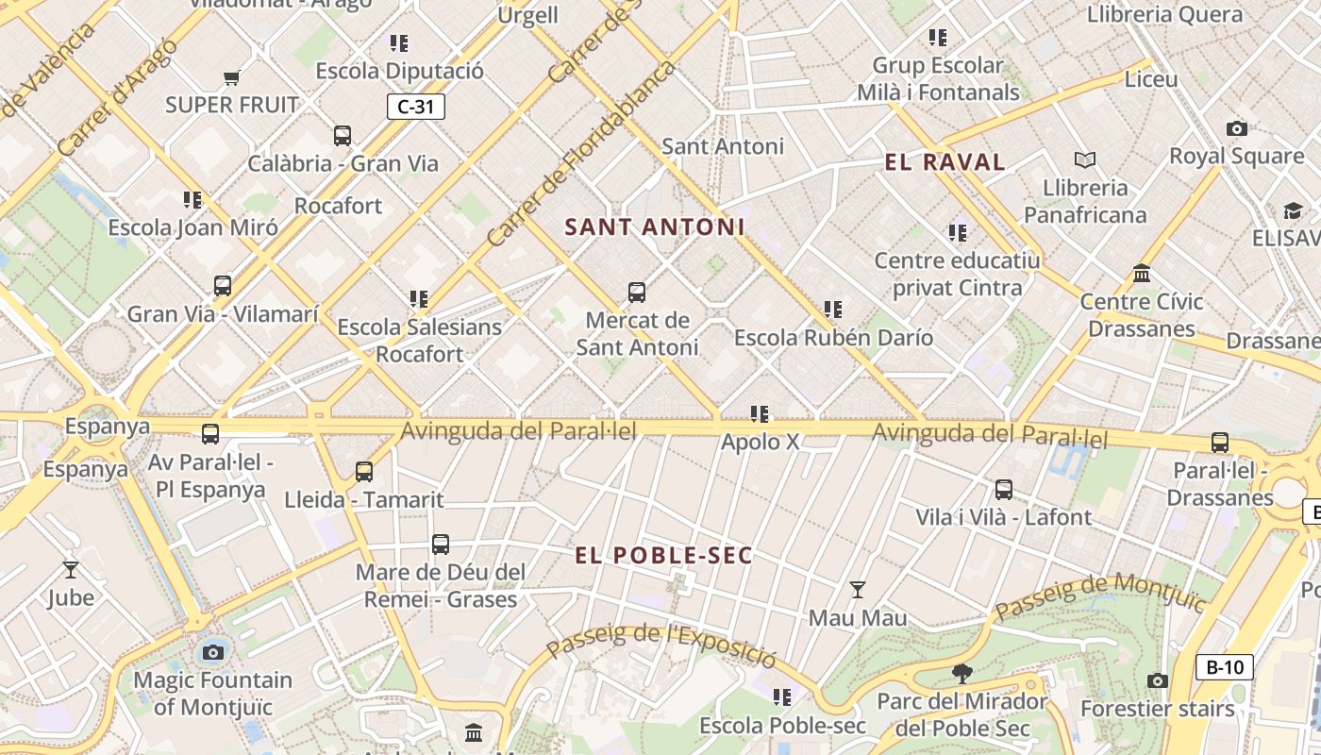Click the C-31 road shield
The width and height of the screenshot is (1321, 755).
click(415, 107)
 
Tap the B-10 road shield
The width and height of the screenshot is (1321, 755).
click(1225, 667)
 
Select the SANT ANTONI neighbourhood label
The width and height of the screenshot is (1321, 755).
click(655, 227)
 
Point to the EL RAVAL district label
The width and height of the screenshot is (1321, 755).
click(945, 162)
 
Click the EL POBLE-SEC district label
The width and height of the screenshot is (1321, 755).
click(664, 556)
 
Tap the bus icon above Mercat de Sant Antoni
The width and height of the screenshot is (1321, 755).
click(637, 293)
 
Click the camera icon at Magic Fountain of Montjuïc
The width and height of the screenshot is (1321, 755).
click(213, 652)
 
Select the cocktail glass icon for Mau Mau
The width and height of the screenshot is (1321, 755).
click(857, 590)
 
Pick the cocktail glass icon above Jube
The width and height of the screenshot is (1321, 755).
click(70, 569)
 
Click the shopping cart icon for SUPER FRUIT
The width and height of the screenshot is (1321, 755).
click(231, 77)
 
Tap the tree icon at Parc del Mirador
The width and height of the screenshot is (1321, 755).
click(962, 674)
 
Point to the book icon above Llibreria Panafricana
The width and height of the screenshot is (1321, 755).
click(1085, 160)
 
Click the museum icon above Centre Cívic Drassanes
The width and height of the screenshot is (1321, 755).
click(1142, 274)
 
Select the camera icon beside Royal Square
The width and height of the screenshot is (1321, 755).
click(1236, 128)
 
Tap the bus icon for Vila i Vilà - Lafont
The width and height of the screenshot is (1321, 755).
click(1004, 490)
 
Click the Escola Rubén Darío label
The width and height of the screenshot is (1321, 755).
click(833, 338)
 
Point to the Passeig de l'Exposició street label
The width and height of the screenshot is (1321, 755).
click(660, 642)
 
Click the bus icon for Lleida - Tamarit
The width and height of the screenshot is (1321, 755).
click(364, 472)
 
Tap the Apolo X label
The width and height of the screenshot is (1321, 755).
click(761, 442)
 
